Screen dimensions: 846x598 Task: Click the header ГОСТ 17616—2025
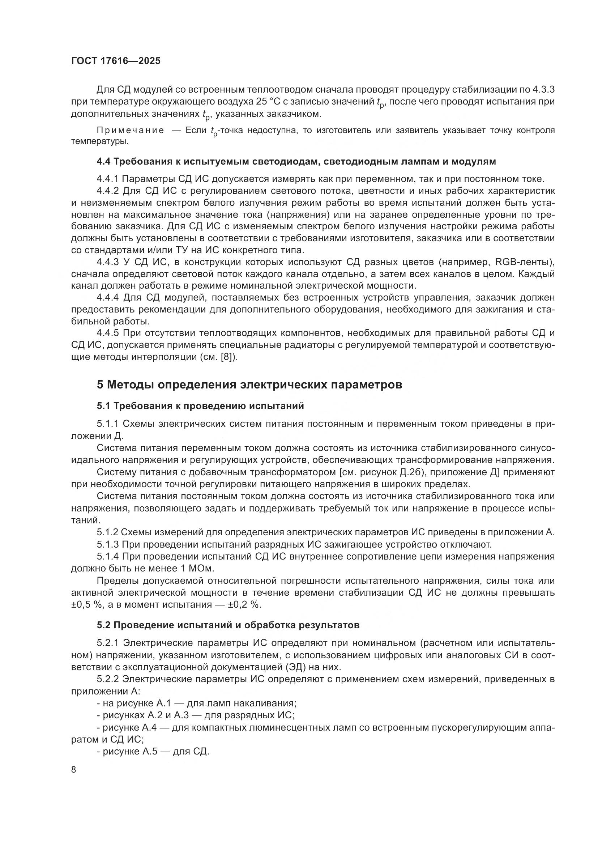pos(116,61)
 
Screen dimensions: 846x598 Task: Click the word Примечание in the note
pos(131,131)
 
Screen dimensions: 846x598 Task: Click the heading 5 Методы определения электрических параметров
pos(249,385)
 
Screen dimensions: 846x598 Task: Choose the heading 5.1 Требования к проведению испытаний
pos(200,406)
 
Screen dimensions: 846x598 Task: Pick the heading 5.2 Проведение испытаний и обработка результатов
pos(228,625)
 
